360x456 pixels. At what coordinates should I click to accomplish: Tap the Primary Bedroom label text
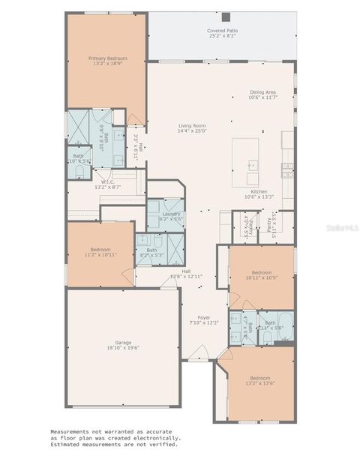107,58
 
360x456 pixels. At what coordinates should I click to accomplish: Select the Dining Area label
263,92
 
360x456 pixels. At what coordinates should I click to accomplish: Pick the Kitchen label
258,192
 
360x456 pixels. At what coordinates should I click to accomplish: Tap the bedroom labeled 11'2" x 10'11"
100,251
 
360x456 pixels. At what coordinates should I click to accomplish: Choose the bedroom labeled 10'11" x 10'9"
261,274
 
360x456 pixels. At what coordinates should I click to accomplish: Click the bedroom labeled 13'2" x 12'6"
260,380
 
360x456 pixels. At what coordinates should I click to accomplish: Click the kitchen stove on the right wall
287,169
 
